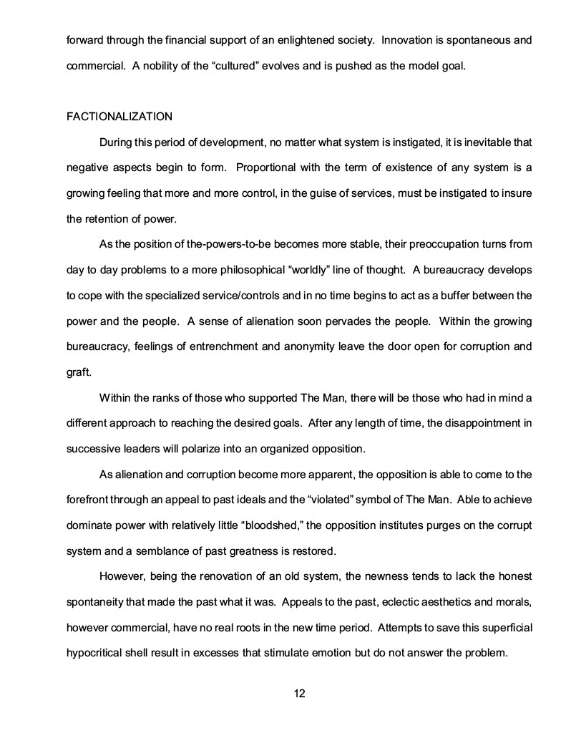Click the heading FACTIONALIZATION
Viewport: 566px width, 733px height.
click(119, 116)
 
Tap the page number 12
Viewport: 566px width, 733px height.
click(300, 693)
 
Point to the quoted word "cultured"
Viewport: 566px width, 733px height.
click(253, 67)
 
